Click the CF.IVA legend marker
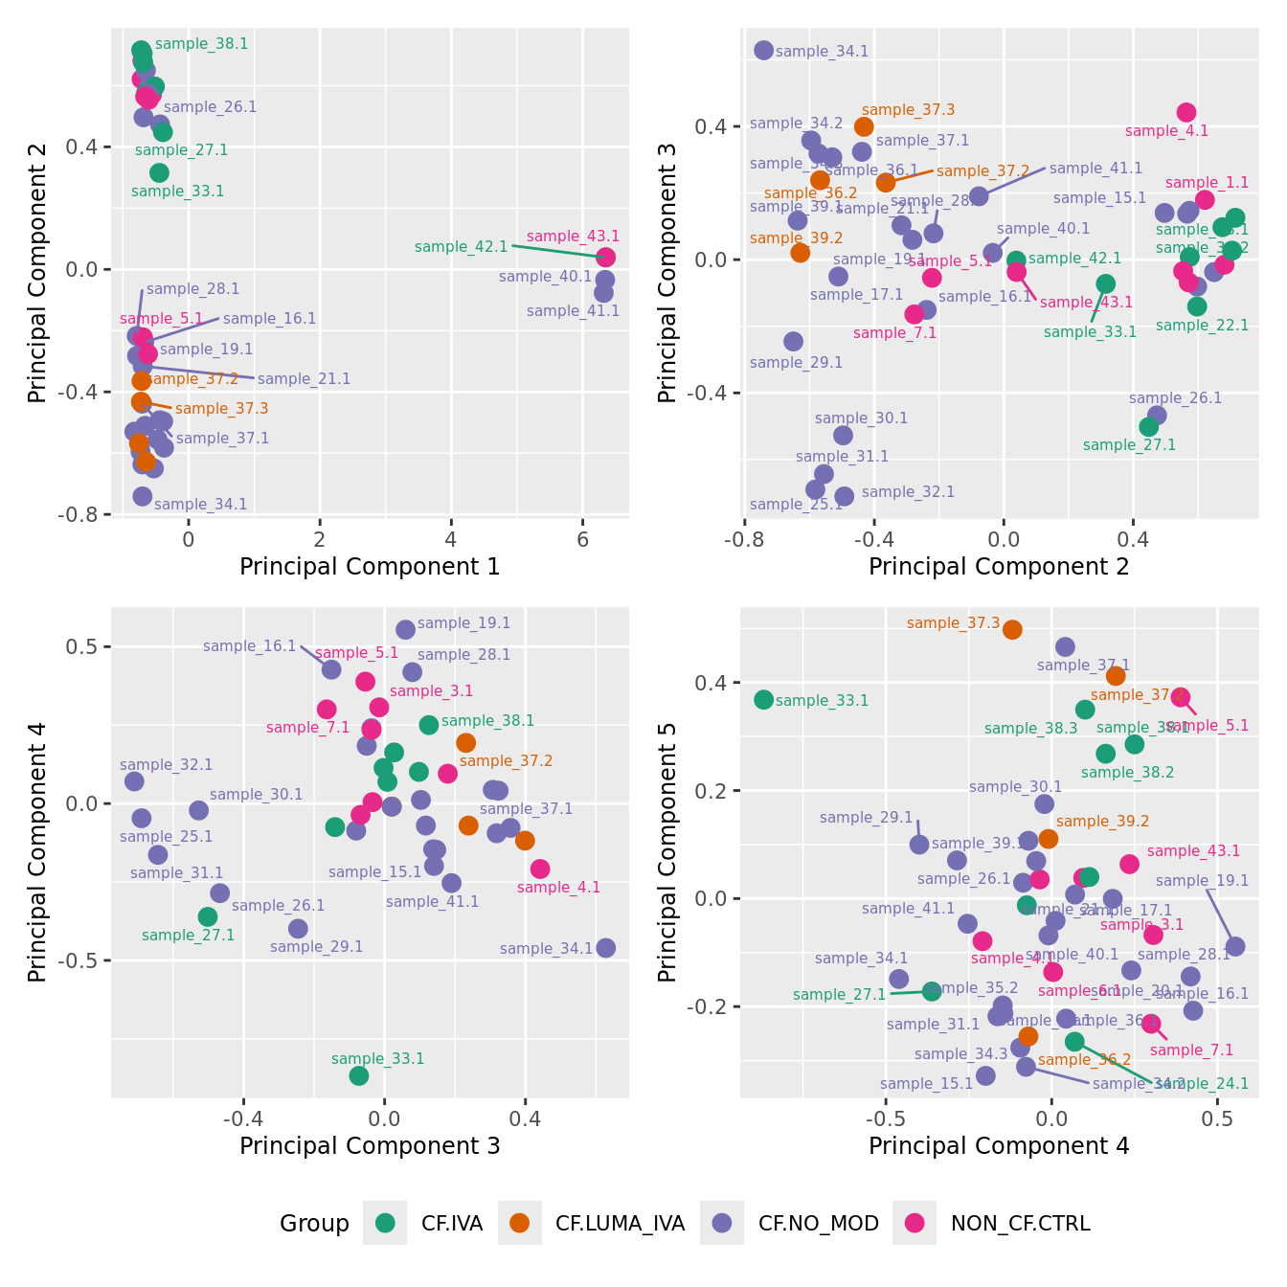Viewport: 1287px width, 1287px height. (x=386, y=1223)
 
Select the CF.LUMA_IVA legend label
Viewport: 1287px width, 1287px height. (x=620, y=1223)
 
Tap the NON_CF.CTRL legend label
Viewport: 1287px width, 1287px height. (x=1020, y=1223)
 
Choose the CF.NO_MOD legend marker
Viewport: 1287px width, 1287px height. (x=722, y=1223)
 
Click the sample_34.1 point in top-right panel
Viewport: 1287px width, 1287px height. (x=763, y=51)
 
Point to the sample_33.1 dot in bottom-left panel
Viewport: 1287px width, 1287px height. (x=359, y=1075)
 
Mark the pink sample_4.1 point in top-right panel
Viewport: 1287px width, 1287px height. (x=1186, y=113)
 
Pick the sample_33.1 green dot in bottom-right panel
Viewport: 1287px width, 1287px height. (x=763, y=700)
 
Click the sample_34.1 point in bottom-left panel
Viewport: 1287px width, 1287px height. (x=605, y=948)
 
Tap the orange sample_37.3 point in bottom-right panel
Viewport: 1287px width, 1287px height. (x=1012, y=629)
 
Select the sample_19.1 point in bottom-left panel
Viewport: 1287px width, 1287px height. (x=406, y=629)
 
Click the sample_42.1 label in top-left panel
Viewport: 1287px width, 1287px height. (x=461, y=247)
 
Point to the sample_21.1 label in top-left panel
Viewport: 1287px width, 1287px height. (x=304, y=379)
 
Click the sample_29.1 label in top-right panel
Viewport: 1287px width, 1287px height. (x=796, y=363)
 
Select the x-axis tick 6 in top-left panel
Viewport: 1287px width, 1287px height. (x=582, y=539)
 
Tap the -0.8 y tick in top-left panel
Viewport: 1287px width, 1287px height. (x=84, y=515)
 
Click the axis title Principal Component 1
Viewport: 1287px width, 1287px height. (x=370, y=567)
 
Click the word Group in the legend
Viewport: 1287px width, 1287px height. (x=314, y=1224)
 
